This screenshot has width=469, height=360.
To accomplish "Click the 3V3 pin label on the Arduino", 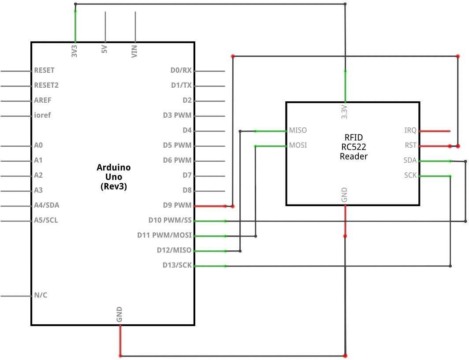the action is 74,51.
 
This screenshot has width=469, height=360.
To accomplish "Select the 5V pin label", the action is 104,49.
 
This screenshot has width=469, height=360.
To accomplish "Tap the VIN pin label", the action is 134,52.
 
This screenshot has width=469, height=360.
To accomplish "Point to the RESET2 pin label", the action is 46,85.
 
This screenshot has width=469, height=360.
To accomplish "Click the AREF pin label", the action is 42,100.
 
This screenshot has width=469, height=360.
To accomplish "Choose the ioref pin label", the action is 42,115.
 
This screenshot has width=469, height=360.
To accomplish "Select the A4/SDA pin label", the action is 47,205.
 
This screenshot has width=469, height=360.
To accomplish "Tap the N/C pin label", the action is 41,295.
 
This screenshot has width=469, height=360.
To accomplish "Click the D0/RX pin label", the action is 181,70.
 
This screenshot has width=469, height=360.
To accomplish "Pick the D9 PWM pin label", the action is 177,205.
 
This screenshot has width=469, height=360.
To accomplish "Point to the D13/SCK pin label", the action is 177,265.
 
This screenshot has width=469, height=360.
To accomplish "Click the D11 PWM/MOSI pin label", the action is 164,235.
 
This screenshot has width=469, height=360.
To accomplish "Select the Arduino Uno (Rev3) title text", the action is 114,177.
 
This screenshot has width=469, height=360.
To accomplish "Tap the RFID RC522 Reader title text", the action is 353,147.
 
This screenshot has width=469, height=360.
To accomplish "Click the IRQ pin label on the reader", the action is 410,130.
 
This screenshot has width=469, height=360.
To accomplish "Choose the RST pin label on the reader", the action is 410,145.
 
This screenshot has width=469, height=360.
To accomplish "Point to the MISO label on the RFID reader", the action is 298,130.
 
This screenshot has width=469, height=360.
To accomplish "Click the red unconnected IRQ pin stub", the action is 435,131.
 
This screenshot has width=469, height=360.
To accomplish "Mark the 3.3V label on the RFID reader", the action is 344,112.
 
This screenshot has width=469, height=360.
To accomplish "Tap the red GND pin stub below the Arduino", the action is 120,341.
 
